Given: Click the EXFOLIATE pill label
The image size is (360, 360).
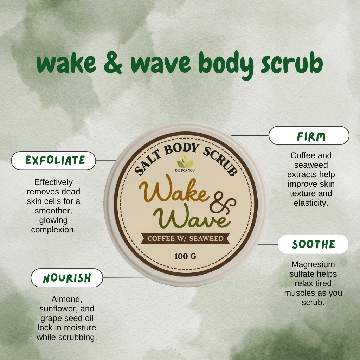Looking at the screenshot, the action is [x=53, y=160].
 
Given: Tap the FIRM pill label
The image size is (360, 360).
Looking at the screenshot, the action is [x=309, y=135].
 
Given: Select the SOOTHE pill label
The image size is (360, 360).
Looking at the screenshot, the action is [x=313, y=244].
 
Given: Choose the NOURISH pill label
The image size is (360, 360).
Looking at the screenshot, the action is [x=67, y=278].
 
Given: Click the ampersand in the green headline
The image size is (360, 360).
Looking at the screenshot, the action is [x=113, y=63].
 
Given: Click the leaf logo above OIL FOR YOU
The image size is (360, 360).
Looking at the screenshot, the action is [x=185, y=162].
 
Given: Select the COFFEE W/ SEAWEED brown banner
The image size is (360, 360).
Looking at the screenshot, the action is [x=185, y=238].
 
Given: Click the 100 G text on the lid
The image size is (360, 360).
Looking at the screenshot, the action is [x=185, y=256].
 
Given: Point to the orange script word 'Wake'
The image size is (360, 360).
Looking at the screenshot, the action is [x=174, y=189].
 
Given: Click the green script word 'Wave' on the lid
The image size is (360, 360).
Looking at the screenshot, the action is [x=192, y=216].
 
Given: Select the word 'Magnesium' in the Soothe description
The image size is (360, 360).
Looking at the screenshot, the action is [x=313, y=264].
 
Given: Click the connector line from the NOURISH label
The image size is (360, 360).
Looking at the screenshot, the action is [x=126, y=278].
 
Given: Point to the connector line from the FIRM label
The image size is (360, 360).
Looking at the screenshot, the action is [x=250, y=135].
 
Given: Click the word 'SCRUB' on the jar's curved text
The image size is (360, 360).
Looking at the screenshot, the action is [x=220, y=161].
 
